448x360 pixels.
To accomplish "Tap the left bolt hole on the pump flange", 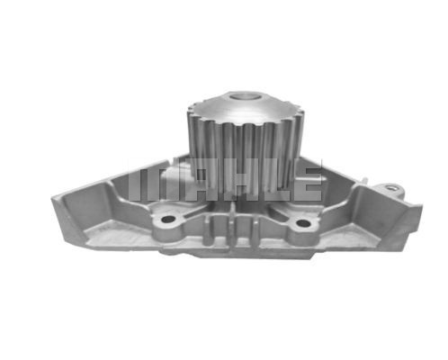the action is tap(168, 220).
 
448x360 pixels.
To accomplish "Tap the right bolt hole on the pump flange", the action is tap(302, 223).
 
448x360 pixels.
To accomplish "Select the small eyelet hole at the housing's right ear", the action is tap(390, 188).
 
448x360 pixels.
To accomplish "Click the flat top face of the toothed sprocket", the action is tap(246, 107).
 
